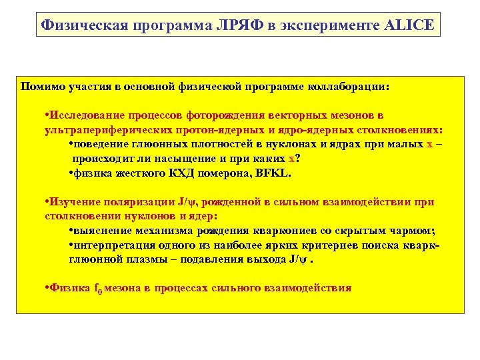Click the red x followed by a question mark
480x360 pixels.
[x=291, y=159]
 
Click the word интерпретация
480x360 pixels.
[x=110, y=245]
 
